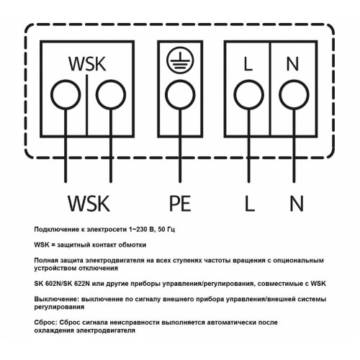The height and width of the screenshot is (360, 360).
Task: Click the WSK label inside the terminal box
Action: [x=87, y=64]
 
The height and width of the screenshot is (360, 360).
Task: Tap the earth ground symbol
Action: [x=180, y=60]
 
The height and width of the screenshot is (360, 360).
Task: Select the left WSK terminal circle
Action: [x=66, y=95]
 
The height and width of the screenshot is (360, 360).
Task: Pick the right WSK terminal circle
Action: [x=111, y=95]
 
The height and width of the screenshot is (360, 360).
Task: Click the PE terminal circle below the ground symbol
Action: [x=180, y=95]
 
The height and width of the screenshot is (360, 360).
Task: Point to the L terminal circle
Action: [x=249, y=95]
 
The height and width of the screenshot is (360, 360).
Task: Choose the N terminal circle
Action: [x=294, y=95]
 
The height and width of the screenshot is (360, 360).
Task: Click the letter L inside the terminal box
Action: [x=248, y=64]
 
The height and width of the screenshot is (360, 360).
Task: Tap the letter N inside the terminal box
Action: [x=292, y=64]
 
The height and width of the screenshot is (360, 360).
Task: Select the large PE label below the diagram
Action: [x=180, y=203]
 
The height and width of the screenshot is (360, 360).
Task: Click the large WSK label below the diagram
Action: [x=89, y=203]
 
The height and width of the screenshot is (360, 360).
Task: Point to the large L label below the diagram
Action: [x=250, y=203]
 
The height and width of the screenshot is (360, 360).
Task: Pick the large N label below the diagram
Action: [x=297, y=203]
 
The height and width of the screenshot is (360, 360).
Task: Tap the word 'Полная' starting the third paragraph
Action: [x=46, y=261]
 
